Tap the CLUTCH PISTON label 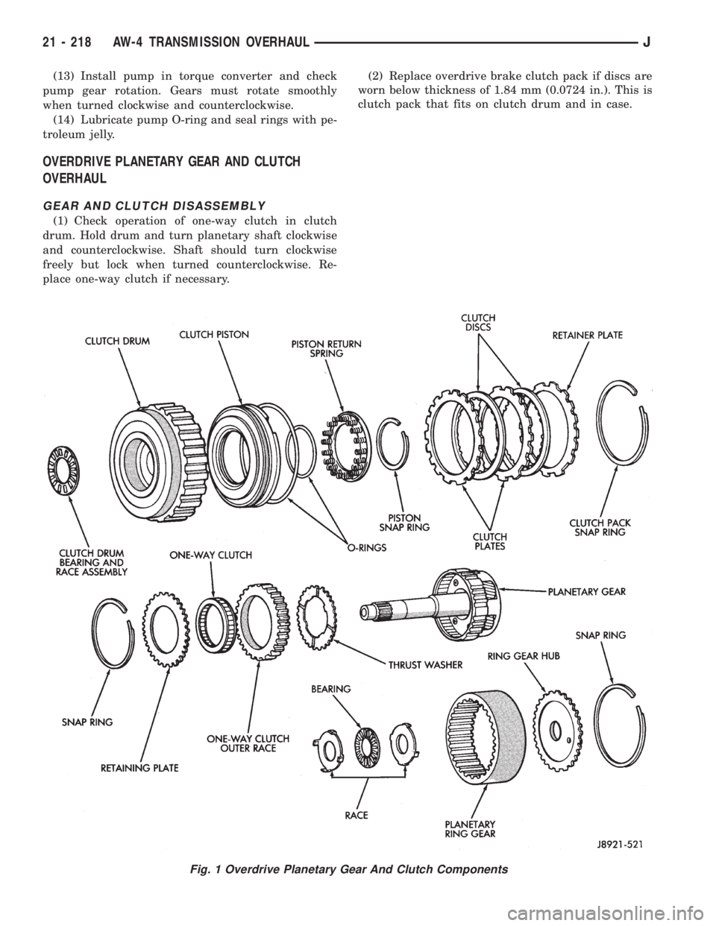pyautogui.click(x=213, y=336)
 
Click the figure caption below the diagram pyautogui.click(x=357, y=869)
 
